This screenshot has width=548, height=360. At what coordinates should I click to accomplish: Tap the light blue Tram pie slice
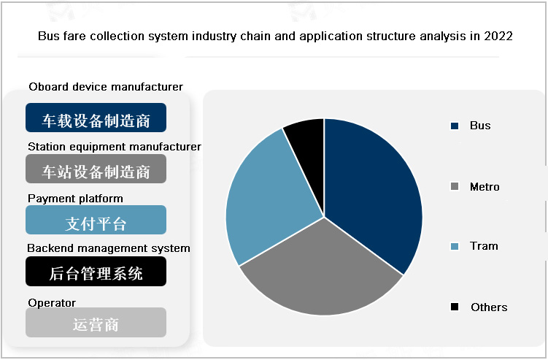(266, 197)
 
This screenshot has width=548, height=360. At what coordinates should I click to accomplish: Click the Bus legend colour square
(455, 126)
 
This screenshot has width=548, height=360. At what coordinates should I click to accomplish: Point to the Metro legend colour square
(455, 188)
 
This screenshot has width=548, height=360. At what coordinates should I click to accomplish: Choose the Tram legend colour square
(455, 247)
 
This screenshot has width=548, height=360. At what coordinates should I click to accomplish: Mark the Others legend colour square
(455, 307)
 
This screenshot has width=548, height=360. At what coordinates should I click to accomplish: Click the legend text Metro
(485, 187)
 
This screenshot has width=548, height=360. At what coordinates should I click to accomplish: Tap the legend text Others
(489, 307)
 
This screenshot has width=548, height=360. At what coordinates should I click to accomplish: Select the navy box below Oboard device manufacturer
(96, 118)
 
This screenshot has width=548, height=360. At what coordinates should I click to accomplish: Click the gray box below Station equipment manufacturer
(96, 169)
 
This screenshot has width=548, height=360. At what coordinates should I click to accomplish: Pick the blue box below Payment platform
(96, 221)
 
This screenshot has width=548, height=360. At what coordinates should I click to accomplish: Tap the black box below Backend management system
(96, 272)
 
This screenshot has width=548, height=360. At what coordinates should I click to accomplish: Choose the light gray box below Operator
(96, 323)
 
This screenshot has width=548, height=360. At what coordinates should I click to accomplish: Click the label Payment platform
(75, 199)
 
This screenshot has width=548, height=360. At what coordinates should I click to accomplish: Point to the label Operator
(52, 303)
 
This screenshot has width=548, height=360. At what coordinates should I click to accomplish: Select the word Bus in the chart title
(47, 36)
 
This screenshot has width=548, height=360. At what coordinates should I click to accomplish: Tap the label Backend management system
(109, 248)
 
